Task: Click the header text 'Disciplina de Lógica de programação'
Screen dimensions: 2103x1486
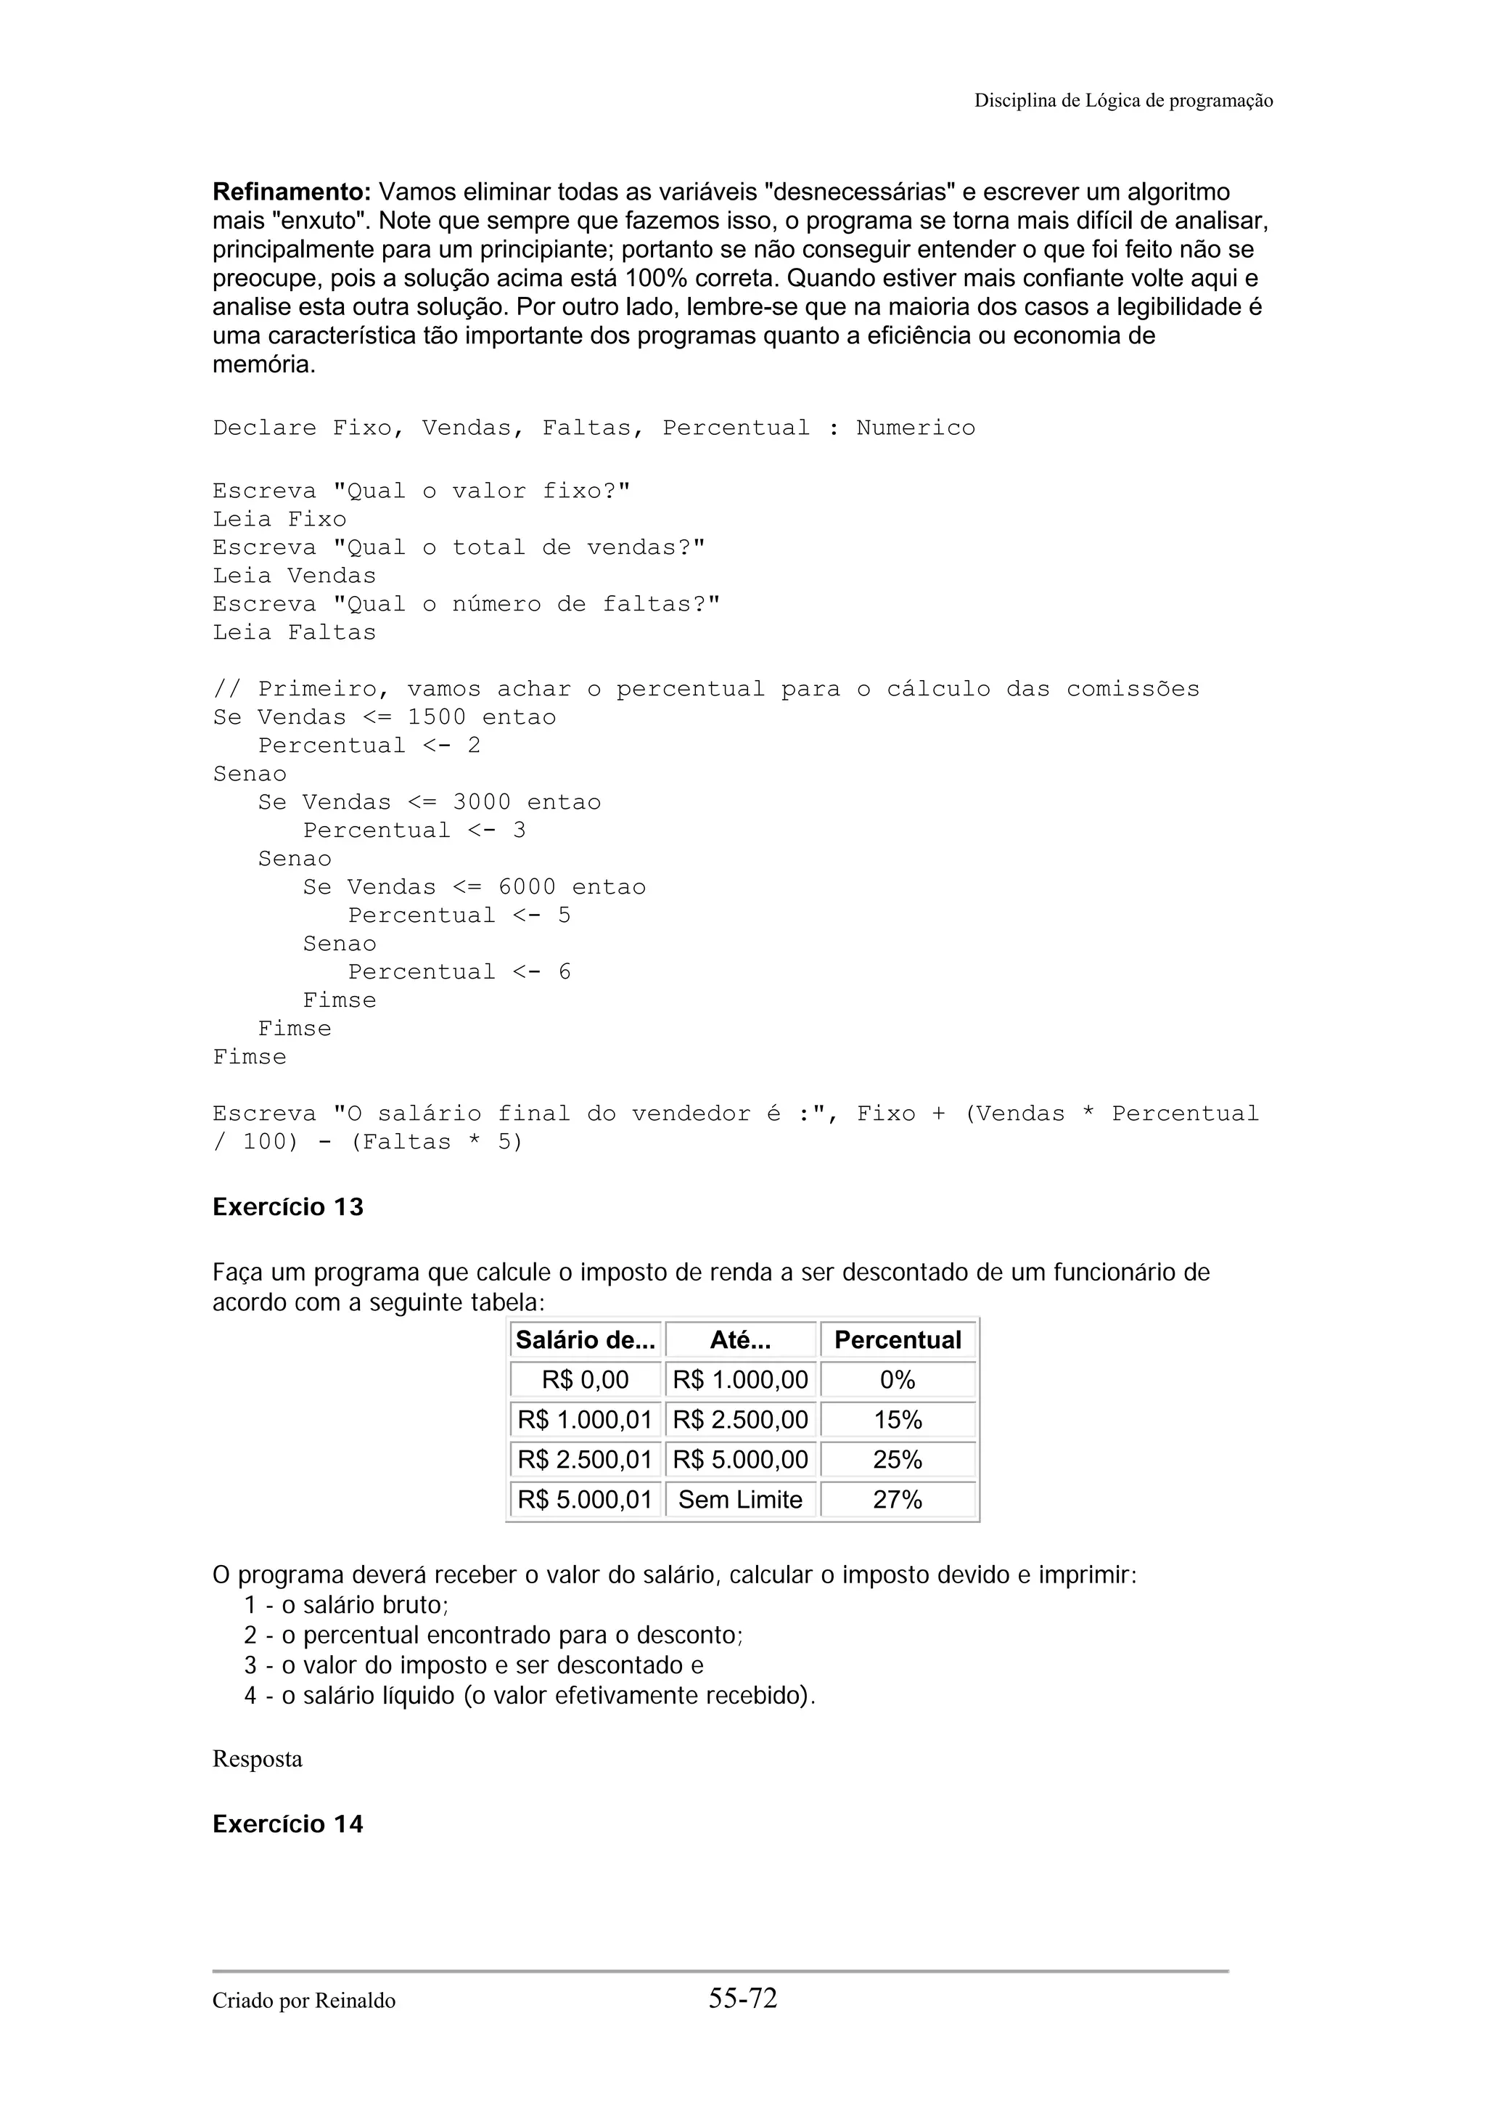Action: point(1122,101)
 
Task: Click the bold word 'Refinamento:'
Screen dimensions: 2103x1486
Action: point(291,192)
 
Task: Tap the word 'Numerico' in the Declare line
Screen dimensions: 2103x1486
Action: point(915,428)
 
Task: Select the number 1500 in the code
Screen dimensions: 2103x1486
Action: point(436,717)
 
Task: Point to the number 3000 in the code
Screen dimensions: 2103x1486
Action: point(482,802)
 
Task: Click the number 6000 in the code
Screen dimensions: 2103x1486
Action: point(527,886)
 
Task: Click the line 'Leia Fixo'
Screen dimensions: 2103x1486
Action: point(279,519)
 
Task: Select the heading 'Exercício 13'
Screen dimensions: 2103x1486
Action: point(287,1207)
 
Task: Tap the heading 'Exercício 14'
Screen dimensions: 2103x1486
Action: point(287,1824)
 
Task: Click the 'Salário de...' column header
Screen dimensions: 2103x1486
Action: point(585,1340)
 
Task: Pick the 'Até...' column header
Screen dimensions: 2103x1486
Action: point(740,1340)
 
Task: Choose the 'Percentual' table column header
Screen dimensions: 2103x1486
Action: point(898,1340)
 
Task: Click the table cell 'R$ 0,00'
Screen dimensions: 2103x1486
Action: point(585,1379)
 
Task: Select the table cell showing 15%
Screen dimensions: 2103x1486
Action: point(898,1420)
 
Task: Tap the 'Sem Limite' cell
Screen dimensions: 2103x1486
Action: point(740,1500)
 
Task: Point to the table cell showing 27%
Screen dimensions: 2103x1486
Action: point(898,1500)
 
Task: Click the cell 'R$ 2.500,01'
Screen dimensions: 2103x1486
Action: point(585,1459)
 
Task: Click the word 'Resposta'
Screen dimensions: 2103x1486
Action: point(258,1759)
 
